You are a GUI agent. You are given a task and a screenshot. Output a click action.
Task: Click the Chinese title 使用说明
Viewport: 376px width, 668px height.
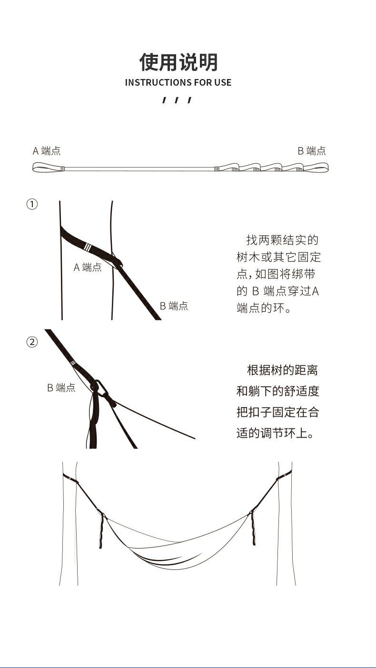click(x=178, y=62)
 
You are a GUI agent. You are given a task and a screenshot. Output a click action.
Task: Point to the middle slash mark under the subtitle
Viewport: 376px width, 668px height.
click(x=177, y=100)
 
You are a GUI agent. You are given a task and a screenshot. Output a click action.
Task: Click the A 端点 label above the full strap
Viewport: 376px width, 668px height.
click(x=47, y=151)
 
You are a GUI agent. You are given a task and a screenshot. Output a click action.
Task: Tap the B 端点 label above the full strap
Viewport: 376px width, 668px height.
click(x=312, y=151)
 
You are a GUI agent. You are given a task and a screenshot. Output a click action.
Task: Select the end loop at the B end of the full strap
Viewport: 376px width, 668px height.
click(x=316, y=168)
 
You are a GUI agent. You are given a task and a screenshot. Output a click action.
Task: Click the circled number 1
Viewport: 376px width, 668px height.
click(x=31, y=204)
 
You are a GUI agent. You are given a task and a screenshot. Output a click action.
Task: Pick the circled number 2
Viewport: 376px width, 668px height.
click(x=31, y=342)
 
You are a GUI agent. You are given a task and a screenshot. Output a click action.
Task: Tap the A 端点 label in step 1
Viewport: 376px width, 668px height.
click(x=88, y=267)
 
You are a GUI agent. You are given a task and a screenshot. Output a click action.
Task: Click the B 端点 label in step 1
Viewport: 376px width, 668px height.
click(x=174, y=306)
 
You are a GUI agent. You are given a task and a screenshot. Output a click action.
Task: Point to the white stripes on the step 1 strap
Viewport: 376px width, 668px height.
click(x=87, y=247)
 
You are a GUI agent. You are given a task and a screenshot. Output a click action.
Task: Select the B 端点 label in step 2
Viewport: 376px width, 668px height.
click(x=61, y=388)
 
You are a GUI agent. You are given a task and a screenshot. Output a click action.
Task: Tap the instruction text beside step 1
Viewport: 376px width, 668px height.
click(x=279, y=274)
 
